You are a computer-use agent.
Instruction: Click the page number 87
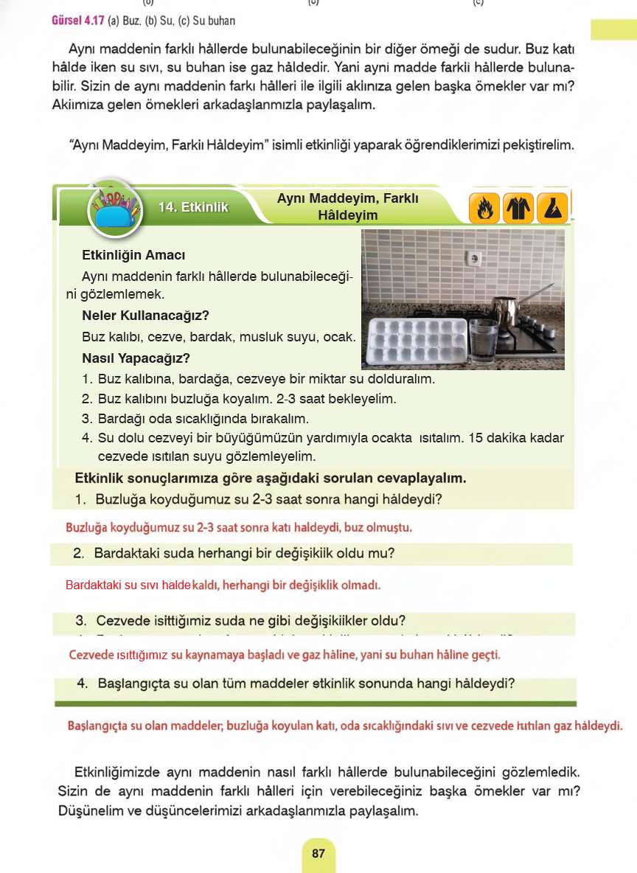pos(318,854)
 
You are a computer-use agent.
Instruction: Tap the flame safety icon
pos(484,208)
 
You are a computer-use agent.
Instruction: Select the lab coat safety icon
pos(518,208)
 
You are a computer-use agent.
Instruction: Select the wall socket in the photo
pos(474,259)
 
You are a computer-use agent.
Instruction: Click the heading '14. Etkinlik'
pos(193,207)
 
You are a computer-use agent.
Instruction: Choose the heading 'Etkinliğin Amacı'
pos(133,256)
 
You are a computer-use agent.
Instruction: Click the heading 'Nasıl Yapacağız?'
pos(136,359)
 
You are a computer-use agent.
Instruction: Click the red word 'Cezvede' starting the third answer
pos(91,655)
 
